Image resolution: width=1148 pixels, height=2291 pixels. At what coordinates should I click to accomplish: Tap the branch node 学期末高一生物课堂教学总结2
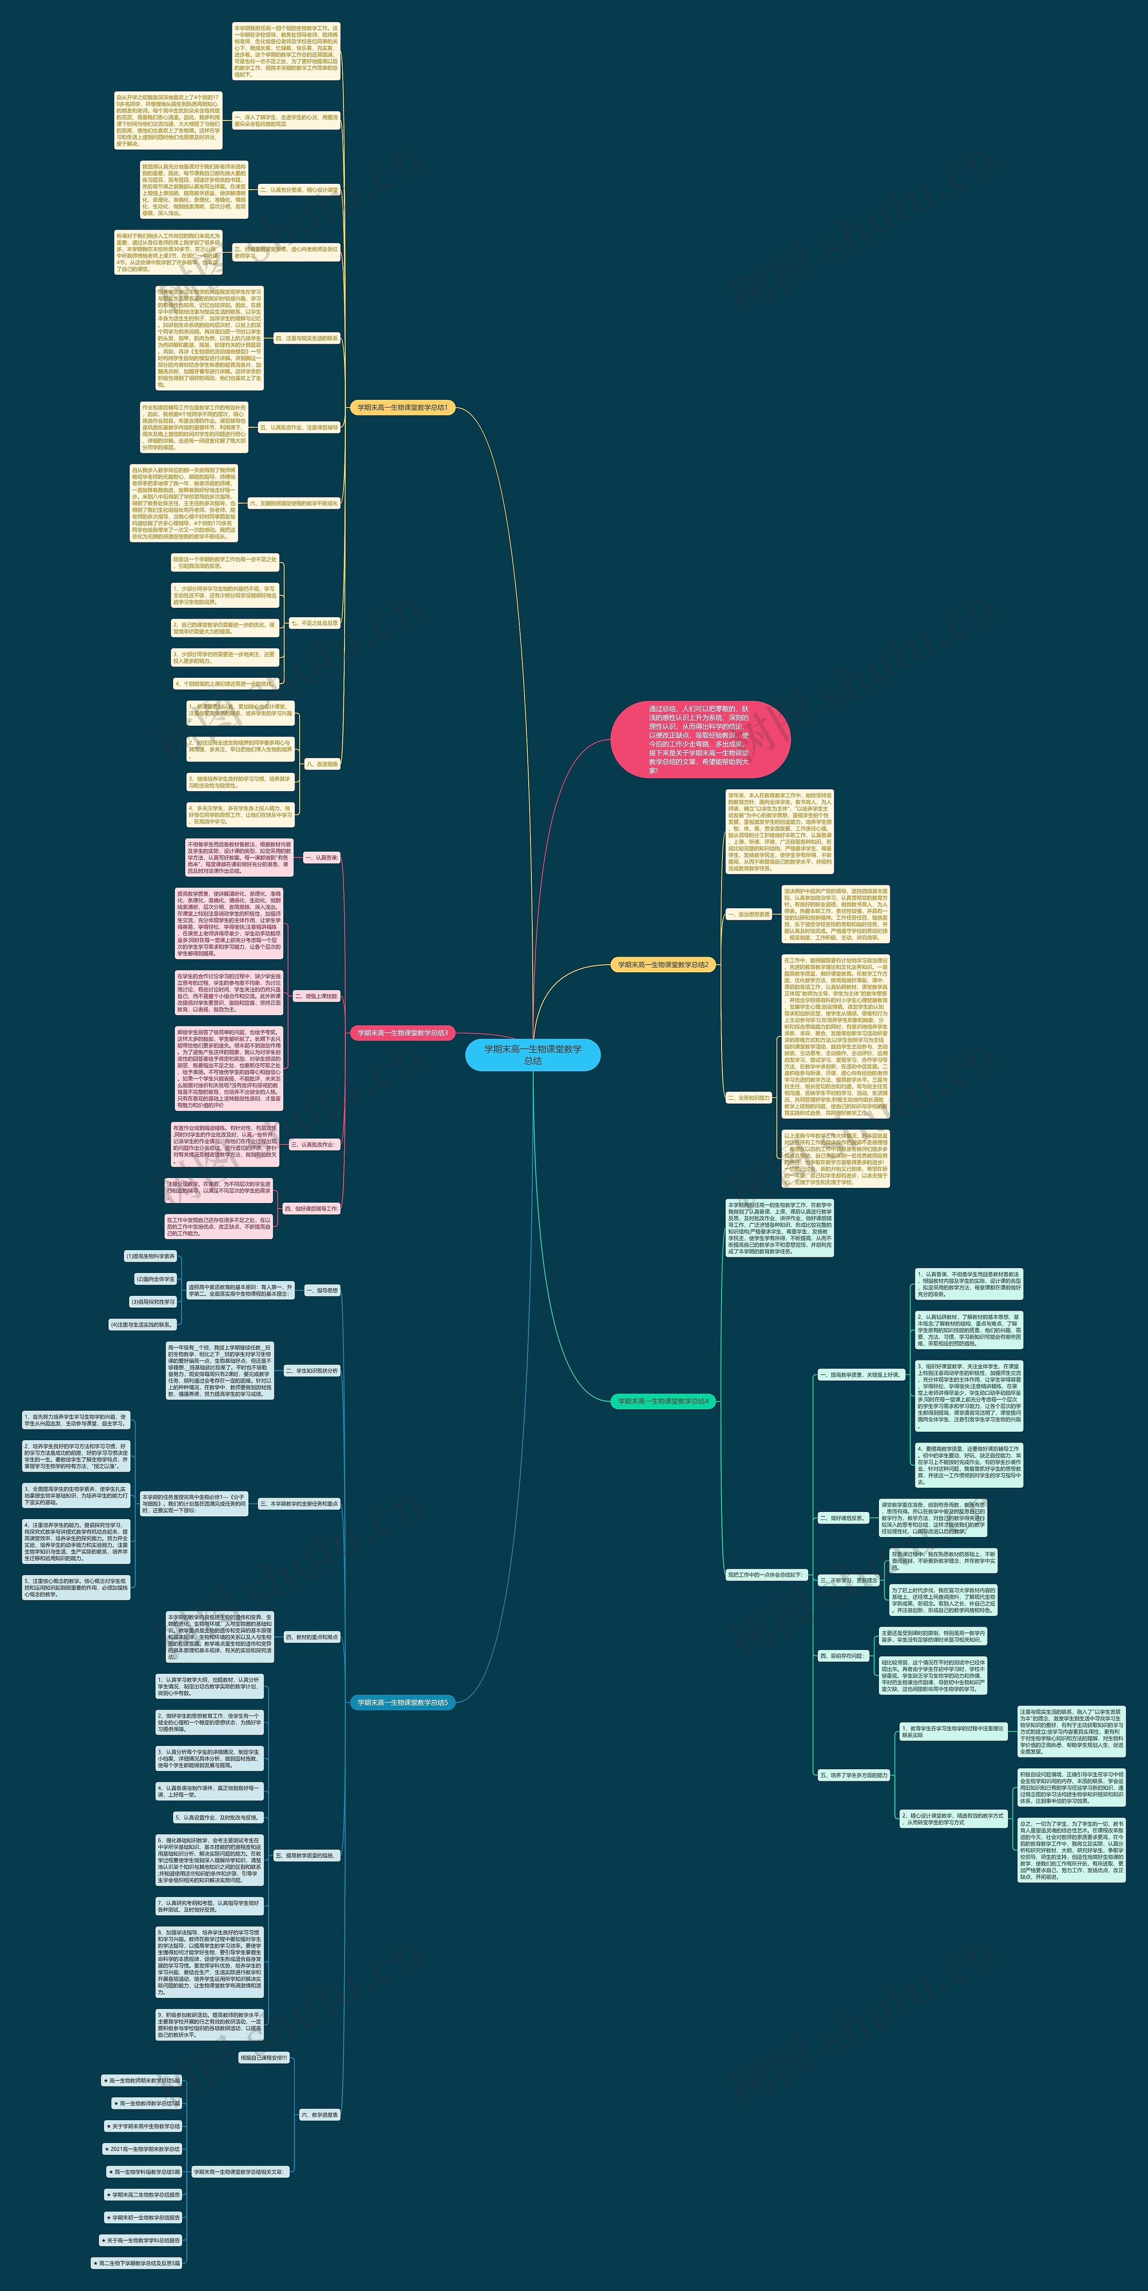[663, 964]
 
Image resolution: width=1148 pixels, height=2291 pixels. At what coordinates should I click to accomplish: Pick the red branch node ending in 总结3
[402, 1033]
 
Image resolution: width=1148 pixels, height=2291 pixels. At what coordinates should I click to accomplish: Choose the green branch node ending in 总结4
[663, 1401]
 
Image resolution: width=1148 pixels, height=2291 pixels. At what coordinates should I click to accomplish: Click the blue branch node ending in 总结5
[402, 1702]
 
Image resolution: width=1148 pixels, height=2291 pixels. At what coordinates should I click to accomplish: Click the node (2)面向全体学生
[156, 1279]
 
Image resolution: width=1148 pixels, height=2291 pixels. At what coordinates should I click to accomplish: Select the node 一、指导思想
[322, 1290]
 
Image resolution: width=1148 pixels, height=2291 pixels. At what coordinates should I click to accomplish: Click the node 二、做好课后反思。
[842, 1518]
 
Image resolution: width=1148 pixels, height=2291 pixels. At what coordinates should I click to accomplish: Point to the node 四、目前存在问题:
[842, 1656]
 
